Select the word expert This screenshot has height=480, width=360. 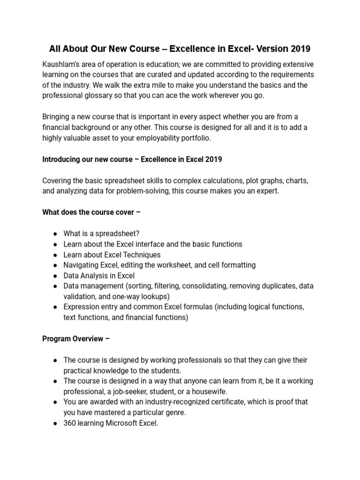(268, 191)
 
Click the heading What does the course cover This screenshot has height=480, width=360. (91, 212)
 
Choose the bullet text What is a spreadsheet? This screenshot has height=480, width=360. (101, 234)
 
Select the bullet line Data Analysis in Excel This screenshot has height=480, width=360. (99, 275)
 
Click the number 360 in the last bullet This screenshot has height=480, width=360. (69, 423)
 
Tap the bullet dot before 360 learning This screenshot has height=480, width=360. (55, 423)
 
